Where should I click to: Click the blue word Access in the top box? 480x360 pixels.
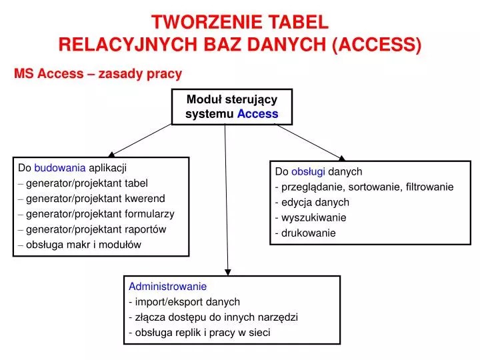257,114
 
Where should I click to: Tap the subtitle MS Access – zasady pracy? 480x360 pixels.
98,73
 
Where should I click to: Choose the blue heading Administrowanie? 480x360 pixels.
167,286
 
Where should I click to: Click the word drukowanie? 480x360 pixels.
308,233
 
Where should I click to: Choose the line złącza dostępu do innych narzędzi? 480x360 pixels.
216,317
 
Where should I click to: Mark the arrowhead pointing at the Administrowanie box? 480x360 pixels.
228,271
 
